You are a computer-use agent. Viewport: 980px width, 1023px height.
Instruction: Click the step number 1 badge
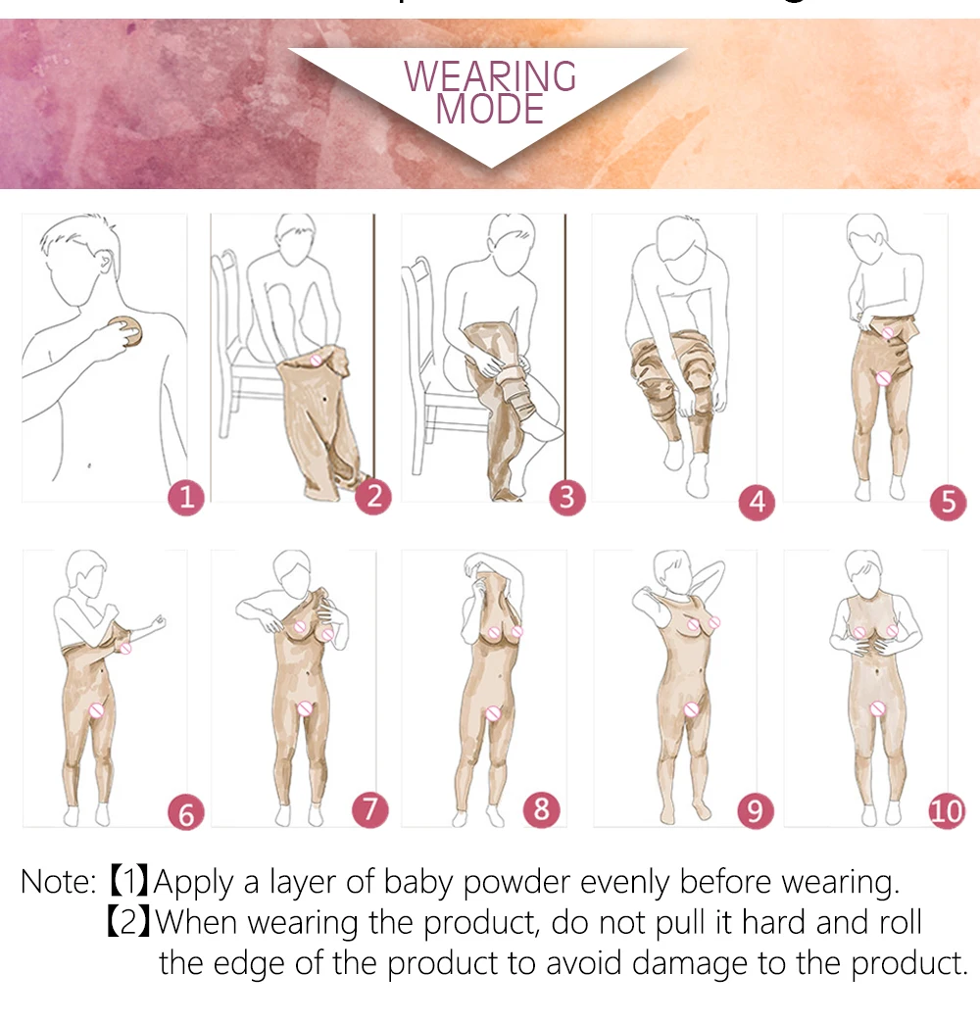(x=186, y=498)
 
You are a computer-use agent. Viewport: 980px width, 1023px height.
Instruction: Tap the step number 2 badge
(x=373, y=497)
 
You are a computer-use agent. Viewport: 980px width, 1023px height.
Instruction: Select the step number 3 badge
(x=566, y=498)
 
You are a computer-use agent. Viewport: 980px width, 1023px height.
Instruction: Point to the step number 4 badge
(x=757, y=503)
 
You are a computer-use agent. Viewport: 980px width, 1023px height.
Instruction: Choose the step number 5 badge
(x=948, y=503)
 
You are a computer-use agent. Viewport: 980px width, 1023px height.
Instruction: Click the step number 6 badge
(x=186, y=812)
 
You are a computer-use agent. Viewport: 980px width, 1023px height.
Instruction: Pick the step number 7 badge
(x=369, y=809)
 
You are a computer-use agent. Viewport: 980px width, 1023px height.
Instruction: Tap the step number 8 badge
(x=541, y=809)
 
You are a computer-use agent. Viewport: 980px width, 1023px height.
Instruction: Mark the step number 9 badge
(x=755, y=810)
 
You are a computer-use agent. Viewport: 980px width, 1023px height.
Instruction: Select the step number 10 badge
(x=947, y=812)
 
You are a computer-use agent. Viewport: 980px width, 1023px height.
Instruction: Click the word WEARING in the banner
(x=490, y=76)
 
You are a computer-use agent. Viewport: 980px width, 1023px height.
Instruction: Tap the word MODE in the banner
(x=489, y=109)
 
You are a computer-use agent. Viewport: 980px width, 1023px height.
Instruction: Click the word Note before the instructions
(x=56, y=882)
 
